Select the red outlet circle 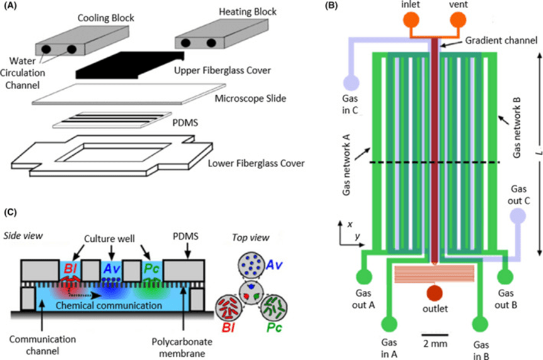(435, 292)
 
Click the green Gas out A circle (363, 277)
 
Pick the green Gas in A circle (389, 325)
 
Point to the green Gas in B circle (480, 325)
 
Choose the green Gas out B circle (507, 277)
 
